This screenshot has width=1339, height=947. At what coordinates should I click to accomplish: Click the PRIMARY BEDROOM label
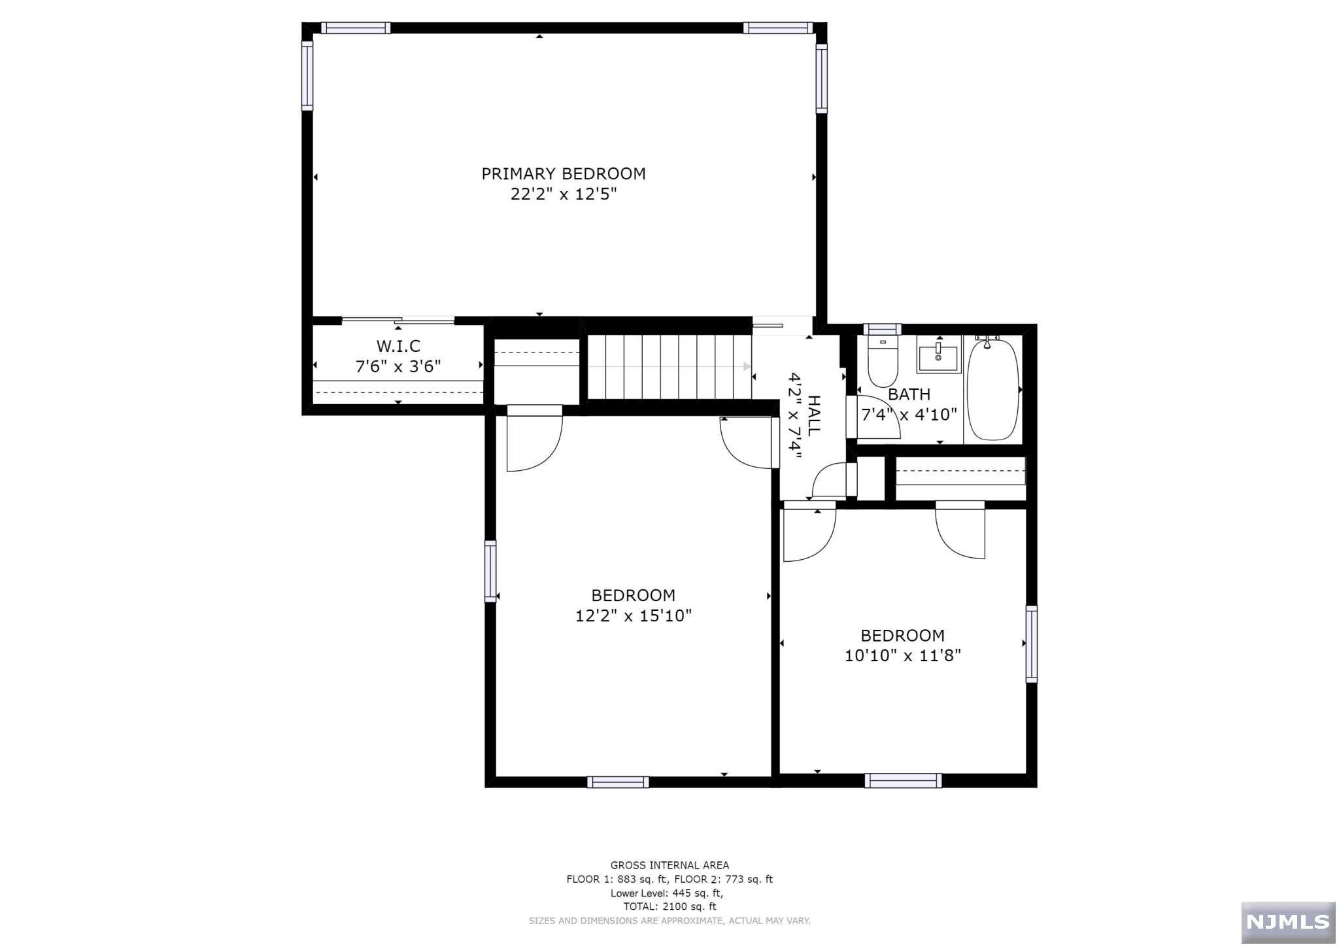(x=563, y=174)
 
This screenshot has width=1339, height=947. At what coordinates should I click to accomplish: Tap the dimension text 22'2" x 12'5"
(x=563, y=194)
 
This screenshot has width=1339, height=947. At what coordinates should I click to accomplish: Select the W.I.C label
(x=398, y=346)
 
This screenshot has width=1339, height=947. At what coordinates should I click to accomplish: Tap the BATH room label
(x=909, y=394)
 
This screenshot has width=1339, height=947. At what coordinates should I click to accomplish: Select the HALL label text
(x=814, y=416)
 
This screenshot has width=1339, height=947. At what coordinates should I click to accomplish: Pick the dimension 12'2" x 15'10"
(x=633, y=616)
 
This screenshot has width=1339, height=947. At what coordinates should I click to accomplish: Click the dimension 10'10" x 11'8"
(x=902, y=655)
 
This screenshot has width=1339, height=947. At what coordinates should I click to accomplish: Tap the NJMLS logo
(x=1287, y=922)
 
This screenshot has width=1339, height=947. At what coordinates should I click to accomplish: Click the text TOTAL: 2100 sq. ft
(x=669, y=906)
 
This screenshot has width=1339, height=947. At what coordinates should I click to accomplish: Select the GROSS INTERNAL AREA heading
(x=669, y=865)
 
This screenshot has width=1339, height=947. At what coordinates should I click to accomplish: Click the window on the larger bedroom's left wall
(x=490, y=571)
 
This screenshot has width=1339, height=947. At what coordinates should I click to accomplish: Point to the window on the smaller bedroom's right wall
(x=1031, y=644)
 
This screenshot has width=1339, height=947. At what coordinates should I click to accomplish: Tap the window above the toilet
(x=881, y=329)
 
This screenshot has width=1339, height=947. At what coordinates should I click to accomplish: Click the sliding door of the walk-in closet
(x=398, y=320)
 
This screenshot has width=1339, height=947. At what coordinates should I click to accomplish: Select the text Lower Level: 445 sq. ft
(x=667, y=893)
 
